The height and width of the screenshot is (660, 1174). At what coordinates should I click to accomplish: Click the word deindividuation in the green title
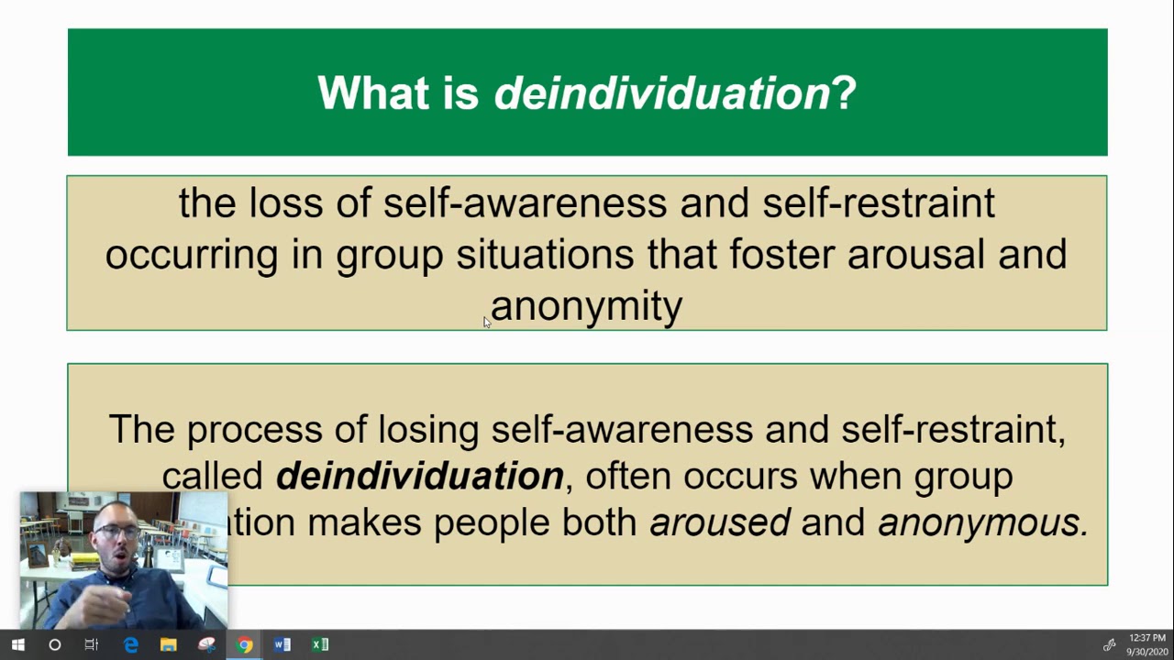[x=661, y=93]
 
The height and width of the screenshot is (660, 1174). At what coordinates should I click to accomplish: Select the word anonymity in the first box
[x=587, y=306]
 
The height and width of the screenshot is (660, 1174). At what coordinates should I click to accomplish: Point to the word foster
[x=781, y=254]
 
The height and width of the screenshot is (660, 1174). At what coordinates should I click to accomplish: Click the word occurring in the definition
[x=191, y=254]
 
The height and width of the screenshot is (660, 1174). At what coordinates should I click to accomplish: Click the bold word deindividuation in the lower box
[x=419, y=476]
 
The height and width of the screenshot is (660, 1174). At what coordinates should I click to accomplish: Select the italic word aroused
[x=719, y=522]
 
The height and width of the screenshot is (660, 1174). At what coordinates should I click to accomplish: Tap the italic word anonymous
[x=982, y=522]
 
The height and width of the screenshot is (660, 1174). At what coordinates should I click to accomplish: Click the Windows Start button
[x=17, y=644]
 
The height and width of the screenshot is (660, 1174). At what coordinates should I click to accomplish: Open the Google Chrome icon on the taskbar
[x=244, y=644]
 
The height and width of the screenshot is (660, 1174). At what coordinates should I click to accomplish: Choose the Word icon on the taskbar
[x=282, y=644]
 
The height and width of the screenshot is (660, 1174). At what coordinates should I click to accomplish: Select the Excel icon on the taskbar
[x=319, y=644]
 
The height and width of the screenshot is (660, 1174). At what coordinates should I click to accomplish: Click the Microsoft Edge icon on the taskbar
[x=130, y=644]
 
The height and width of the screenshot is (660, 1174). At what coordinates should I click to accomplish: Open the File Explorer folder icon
[x=168, y=644]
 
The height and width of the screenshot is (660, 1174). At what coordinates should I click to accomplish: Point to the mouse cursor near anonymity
[x=487, y=322]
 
